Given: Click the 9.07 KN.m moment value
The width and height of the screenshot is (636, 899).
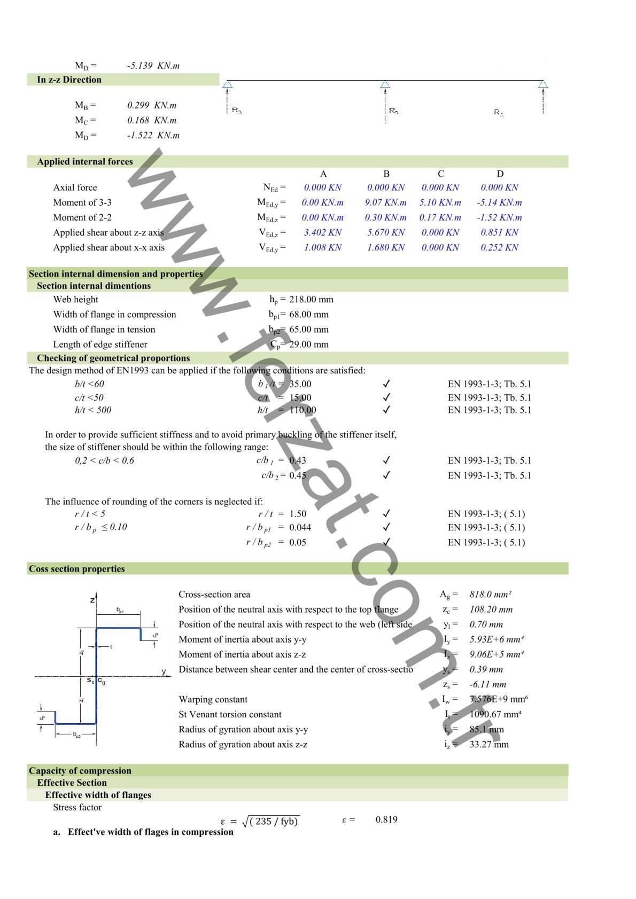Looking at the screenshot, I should pos(385,202).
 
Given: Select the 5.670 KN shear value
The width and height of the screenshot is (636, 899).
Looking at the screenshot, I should pos(385,232).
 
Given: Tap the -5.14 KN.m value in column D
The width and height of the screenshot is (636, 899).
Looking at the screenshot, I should pos(499,202).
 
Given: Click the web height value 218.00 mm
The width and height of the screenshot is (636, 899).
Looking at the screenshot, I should pos(311,300).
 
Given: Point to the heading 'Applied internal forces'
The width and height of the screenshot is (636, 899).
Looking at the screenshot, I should pos(84,162).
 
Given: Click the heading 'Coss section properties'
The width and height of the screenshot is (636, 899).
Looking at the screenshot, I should pos(77,569).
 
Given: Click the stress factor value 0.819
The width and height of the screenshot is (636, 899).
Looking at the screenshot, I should pos(386,819).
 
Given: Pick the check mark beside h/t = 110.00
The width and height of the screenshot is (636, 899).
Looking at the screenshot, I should pos(386,410).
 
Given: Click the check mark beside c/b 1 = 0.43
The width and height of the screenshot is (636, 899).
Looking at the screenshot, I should pos(386,460).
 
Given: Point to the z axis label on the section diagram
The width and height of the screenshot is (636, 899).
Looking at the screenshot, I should pos(92,600).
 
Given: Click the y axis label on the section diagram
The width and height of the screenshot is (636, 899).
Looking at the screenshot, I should pos(164,671).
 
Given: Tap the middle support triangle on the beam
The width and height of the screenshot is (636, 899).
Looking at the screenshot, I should pos(385,84).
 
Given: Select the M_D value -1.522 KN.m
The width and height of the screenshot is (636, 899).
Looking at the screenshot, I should pos(153,136).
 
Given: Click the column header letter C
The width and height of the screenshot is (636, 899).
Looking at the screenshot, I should pos(440,174).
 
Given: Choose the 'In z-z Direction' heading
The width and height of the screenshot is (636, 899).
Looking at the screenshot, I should pos(69,80).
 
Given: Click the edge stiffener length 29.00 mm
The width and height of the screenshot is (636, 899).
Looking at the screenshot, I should pos(308,345).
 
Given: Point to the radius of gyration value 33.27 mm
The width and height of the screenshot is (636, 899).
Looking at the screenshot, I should pos(488,744).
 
